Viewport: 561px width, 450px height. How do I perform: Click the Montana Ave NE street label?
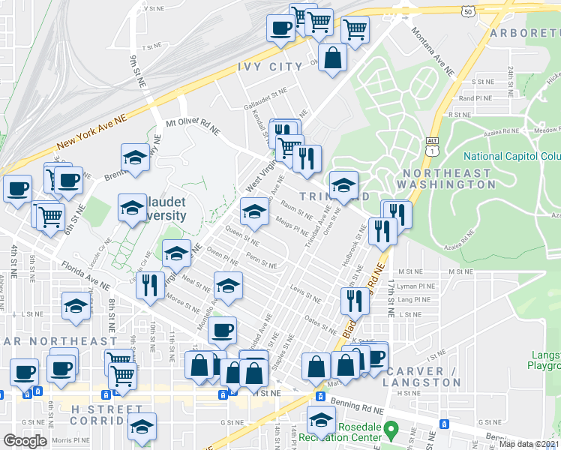tap(433, 51)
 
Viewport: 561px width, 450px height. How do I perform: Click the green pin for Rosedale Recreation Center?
tap(390, 431)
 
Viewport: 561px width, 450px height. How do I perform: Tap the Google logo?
tap(25, 441)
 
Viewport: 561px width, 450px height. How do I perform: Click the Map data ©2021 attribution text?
tap(529, 444)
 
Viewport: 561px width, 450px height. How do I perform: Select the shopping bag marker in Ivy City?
tap(331, 58)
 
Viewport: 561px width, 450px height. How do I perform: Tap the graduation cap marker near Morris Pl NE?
tap(142, 427)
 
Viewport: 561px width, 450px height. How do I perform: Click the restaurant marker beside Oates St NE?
tap(354, 301)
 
